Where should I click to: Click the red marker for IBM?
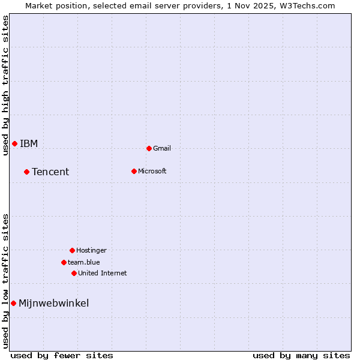tap(14, 143)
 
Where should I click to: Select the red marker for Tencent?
tap(26, 172)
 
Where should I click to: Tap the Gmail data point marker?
tap(149, 148)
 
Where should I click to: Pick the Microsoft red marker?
tap(134, 171)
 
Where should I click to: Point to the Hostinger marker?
tap(72, 250)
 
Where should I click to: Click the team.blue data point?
tap(64, 262)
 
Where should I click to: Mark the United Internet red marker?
tap(74, 273)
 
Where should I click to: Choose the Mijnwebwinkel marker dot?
tap(13, 303)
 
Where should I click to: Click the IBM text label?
tap(29, 143)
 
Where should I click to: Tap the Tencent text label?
tap(50, 172)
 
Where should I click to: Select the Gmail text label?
tap(162, 148)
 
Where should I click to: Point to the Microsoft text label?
tap(152, 171)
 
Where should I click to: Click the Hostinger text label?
tap(91, 250)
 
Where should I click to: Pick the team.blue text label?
tap(84, 262)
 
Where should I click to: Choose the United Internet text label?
tap(103, 273)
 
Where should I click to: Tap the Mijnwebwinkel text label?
tap(54, 304)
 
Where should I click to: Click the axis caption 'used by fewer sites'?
tap(62, 355)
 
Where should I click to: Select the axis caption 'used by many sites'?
tap(301, 355)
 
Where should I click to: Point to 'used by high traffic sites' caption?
tap(5, 85)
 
